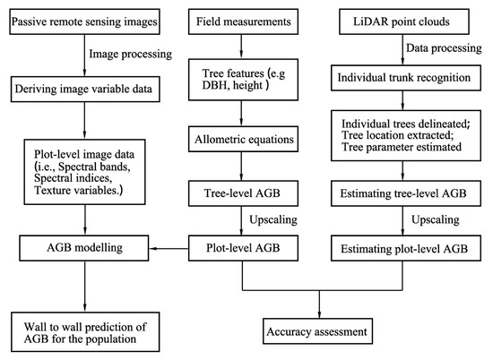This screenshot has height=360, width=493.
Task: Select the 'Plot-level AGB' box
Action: pyautogui.click(x=245, y=244)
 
